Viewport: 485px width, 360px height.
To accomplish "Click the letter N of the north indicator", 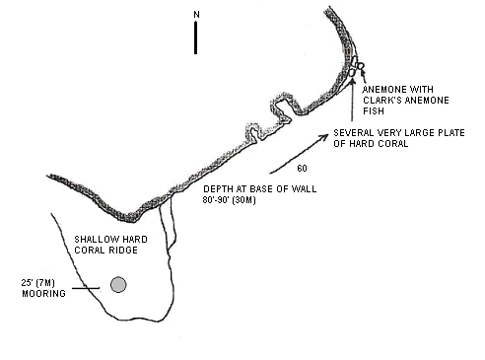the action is pyautogui.click(x=196, y=15).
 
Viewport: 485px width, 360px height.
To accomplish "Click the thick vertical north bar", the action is pyautogui.click(x=196, y=37).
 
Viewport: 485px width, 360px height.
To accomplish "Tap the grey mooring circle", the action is pyautogui.click(x=118, y=285).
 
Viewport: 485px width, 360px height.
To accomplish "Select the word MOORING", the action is pyautogui.click(x=43, y=293).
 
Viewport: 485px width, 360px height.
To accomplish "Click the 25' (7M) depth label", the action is pyautogui.click(x=38, y=283).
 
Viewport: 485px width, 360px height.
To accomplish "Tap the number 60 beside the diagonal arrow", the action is pyautogui.click(x=302, y=169).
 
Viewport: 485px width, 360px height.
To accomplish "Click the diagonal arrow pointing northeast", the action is pyautogui.click(x=299, y=154).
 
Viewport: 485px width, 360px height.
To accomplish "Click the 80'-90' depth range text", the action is pyautogui.click(x=216, y=200).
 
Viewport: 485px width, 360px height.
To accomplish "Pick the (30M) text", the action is pyautogui.click(x=243, y=200).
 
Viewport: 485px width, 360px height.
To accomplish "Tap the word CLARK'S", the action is pyautogui.click(x=381, y=101).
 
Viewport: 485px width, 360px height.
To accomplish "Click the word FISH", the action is pyautogui.click(x=374, y=111).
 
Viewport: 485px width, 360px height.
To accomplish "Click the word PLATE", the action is pyautogui.click(x=451, y=133).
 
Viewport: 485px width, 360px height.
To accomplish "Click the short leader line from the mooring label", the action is pyautogui.click(x=86, y=288).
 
